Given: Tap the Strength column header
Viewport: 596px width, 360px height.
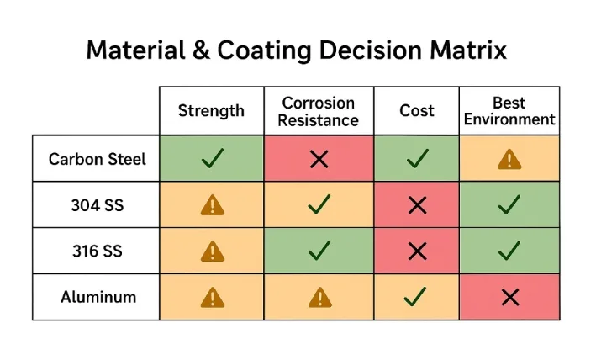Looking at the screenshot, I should tap(211, 111).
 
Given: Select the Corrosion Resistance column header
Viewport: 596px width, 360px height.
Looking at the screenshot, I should tap(319, 111).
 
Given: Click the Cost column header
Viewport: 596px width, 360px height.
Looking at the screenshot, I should tap(416, 111).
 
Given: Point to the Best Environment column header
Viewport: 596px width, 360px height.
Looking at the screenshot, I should tap(509, 111).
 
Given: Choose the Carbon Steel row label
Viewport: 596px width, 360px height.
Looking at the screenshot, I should tap(96, 158).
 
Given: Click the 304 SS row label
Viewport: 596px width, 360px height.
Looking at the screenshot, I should tap(96, 204).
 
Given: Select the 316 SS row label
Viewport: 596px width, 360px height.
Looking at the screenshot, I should tap(96, 251).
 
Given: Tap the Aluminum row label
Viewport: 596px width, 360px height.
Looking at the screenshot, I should tap(96, 297).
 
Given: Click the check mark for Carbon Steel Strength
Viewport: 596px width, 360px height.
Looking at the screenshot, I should tap(213, 158).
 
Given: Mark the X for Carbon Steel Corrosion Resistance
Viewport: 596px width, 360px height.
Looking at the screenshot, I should tap(319, 158).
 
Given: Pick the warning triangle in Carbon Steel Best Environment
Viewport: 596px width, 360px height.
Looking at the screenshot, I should tap(509, 158).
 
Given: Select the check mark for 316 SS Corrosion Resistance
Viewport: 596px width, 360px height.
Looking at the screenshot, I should tap(319, 251).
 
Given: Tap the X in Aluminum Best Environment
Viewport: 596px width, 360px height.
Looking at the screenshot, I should tap(509, 297).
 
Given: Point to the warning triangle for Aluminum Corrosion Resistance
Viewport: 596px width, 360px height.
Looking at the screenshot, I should tap(319, 297).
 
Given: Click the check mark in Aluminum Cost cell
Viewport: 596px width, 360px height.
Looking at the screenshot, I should tap(415, 296).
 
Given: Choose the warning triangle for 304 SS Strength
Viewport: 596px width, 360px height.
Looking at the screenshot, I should tap(213, 204).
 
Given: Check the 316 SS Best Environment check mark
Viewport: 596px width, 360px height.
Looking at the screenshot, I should tap(509, 251).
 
